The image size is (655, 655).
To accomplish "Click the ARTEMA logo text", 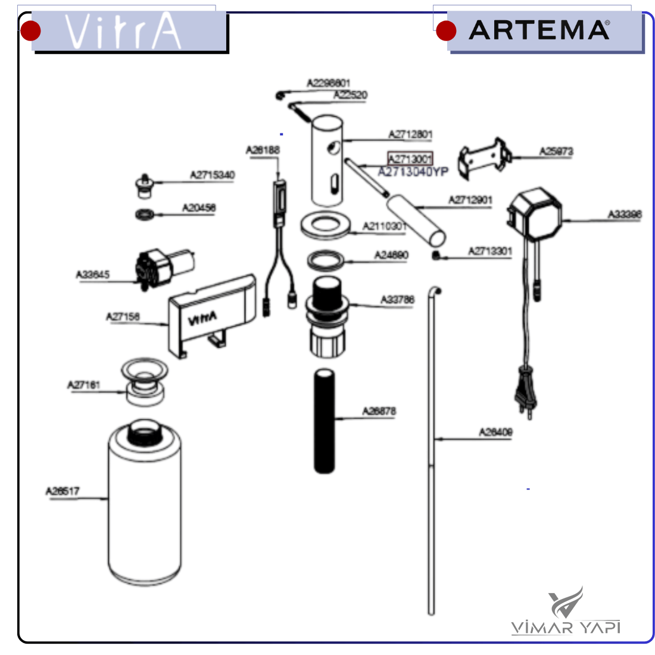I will pos(539,30).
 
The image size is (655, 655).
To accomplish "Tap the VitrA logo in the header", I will pos(123,32).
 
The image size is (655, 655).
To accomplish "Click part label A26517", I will pos(63,491).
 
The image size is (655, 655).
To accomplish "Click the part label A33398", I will pos(624,214).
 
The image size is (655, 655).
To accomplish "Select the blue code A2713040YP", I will pos(413,172).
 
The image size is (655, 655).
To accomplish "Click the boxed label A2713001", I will pos(410,159).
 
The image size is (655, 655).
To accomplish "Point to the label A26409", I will pos(495,432).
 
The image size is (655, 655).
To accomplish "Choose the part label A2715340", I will pos(212,175).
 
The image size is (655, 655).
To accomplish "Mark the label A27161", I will pos(83,385).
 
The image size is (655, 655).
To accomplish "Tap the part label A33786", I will pos(397,300).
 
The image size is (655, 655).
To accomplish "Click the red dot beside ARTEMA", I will pos(445,31).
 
